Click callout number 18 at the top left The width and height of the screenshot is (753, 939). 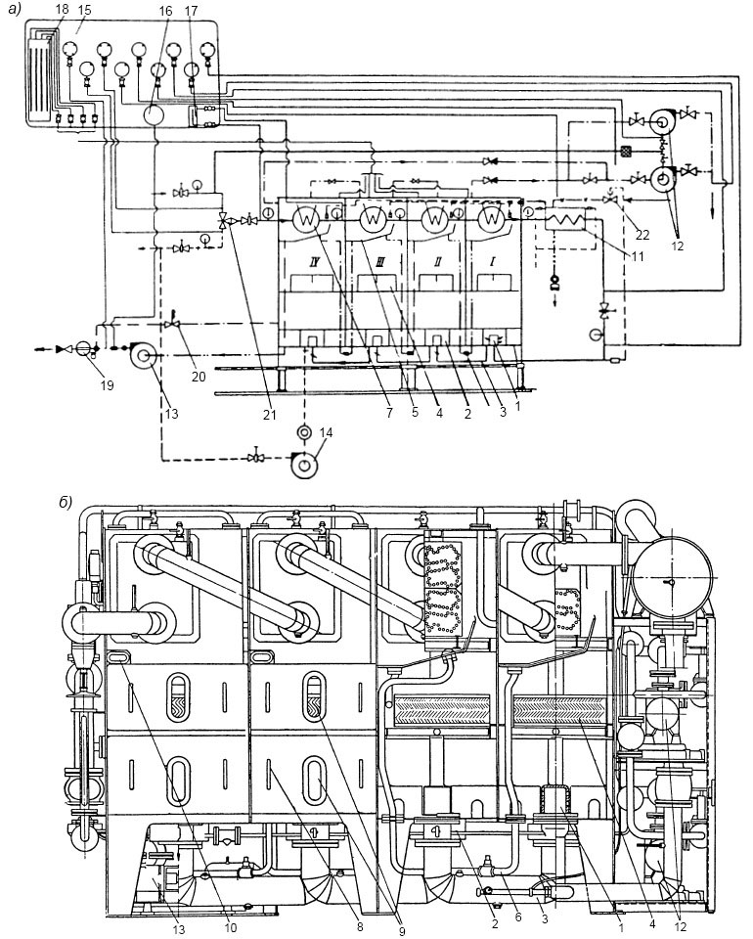[61, 10]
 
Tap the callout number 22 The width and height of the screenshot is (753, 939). [642, 235]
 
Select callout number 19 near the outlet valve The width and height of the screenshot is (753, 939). [107, 385]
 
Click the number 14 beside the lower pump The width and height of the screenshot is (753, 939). [327, 433]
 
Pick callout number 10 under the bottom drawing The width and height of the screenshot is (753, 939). [230, 927]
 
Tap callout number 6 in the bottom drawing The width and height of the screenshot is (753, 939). [518, 917]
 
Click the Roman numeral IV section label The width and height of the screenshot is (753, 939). [309, 262]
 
